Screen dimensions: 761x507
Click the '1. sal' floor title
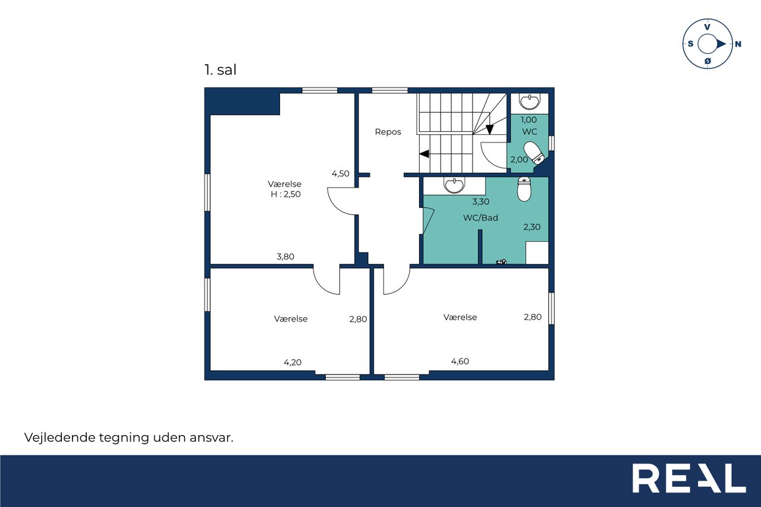220,70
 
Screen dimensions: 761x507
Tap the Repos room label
388,132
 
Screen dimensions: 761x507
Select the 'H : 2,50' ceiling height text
285,194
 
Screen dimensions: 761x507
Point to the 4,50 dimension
341,174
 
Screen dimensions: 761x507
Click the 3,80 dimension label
285,256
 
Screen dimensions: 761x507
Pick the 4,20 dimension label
293,363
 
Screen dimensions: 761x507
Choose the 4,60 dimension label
460,361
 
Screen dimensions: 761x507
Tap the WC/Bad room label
480,218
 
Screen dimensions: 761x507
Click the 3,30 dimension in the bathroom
481,201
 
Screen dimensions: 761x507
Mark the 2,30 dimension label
532,227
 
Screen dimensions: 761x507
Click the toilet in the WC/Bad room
524,189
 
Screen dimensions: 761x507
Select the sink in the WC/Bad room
454,185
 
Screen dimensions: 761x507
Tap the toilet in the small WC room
534,153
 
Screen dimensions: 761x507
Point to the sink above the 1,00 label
529,102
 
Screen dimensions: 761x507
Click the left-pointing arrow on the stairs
424,154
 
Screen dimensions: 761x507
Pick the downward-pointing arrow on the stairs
489,130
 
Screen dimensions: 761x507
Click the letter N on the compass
738,44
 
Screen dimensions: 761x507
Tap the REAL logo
689,478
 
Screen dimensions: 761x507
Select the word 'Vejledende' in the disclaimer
60,437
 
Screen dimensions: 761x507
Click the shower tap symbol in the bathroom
501,262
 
